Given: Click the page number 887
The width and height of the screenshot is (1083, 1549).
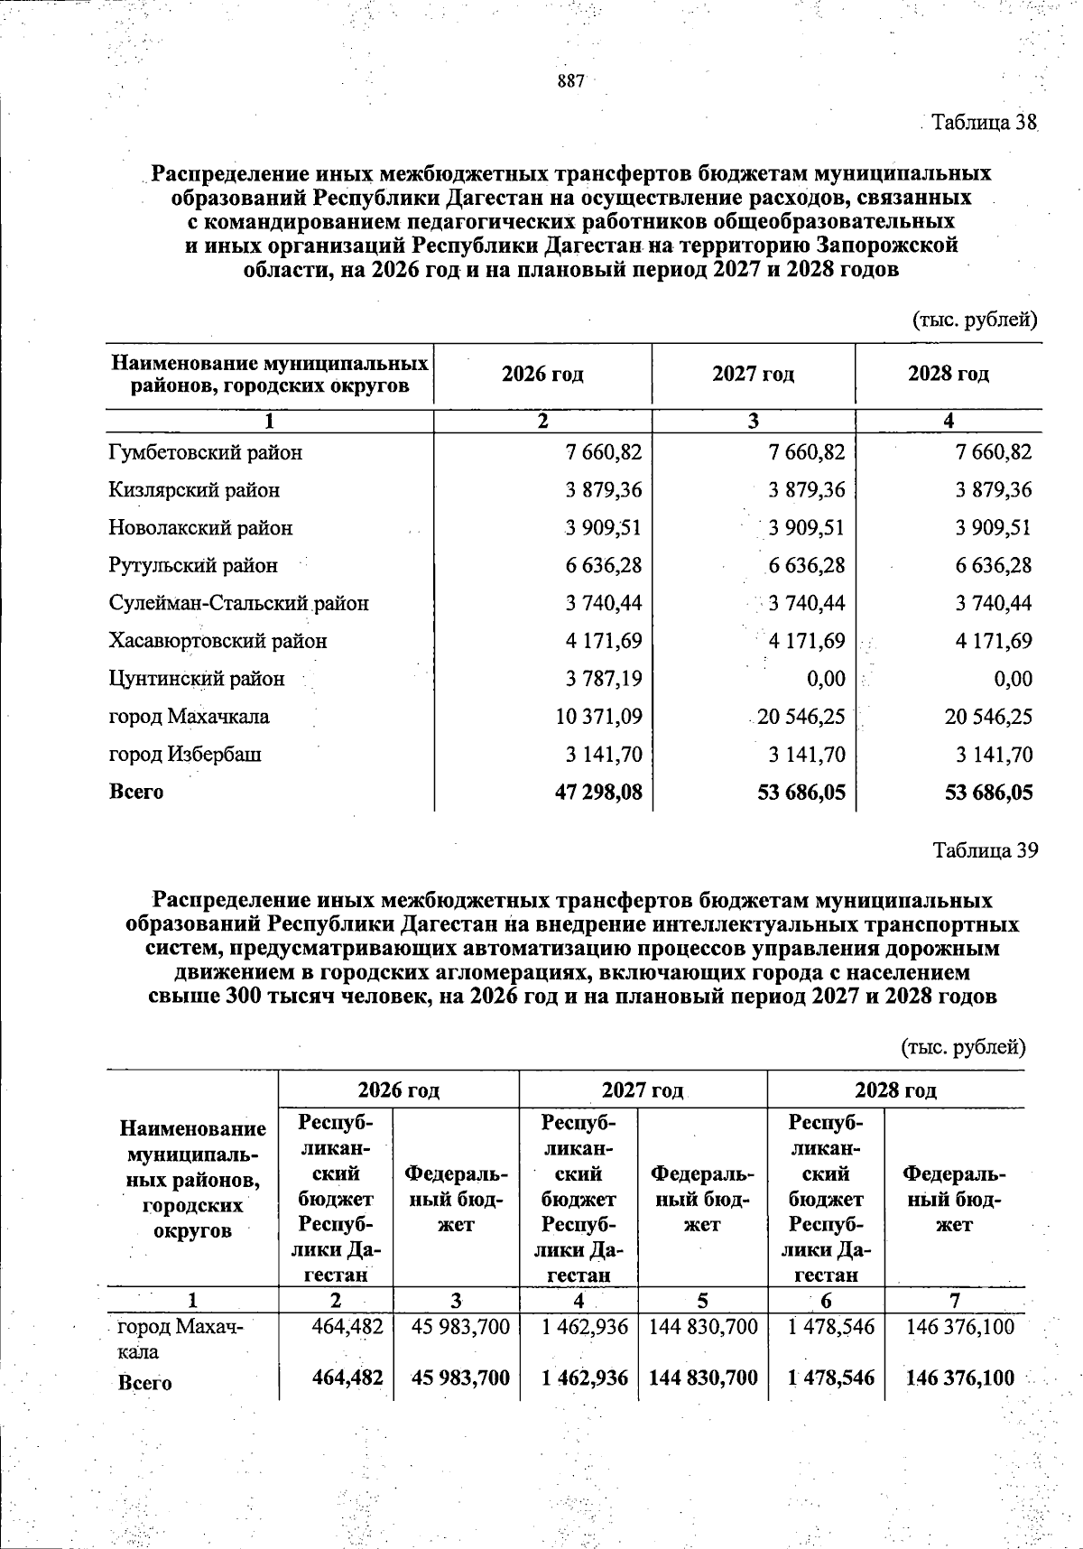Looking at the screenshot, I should [x=571, y=81].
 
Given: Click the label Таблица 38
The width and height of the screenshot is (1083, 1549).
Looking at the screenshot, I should [x=985, y=122].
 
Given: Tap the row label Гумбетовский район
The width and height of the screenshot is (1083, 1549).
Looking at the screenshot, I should [x=206, y=452].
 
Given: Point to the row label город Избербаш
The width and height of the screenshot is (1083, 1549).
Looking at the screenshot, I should [x=185, y=755].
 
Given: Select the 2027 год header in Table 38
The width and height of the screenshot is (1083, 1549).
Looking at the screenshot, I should [x=753, y=375].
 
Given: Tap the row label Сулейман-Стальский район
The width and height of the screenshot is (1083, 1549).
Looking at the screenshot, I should [x=239, y=603].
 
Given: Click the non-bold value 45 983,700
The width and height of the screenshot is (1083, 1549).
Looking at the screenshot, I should [x=460, y=1327].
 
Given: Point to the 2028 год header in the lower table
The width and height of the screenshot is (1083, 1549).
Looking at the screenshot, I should [x=895, y=1090].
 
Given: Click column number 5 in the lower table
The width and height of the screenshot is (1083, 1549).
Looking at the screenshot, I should [x=702, y=1301].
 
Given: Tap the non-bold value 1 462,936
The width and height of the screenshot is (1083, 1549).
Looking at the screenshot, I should [x=585, y=1327].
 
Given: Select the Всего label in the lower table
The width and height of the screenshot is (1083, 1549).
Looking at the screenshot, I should [x=145, y=1383].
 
